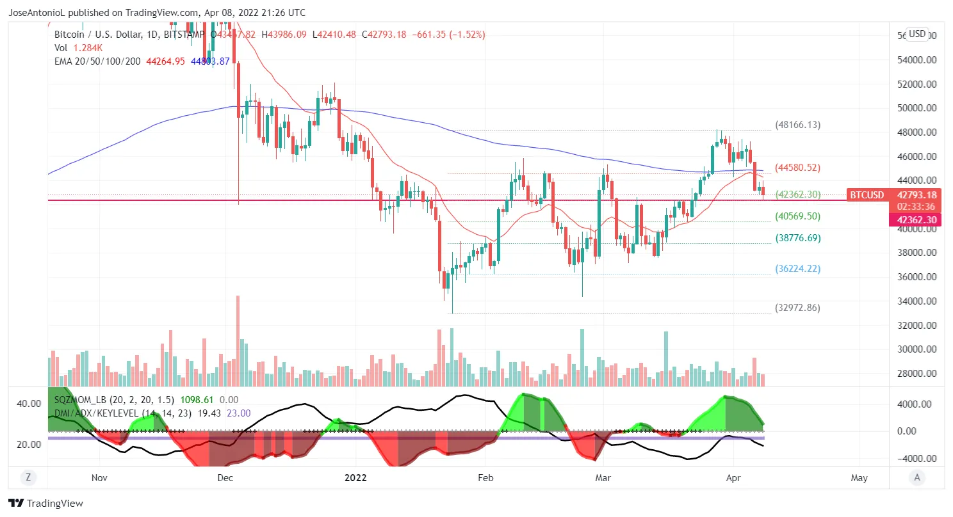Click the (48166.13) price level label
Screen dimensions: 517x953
pos(797,125)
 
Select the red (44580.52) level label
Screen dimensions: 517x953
pos(797,168)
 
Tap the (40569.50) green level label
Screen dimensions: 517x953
pos(797,216)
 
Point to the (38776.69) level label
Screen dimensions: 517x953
pos(797,238)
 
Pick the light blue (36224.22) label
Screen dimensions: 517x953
pos(797,269)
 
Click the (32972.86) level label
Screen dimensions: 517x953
pos(797,308)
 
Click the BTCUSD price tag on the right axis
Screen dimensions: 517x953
pos(866,195)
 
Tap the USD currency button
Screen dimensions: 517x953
pos(917,34)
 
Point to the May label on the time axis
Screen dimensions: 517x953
pos(859,477)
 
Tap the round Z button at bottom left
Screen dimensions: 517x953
pos(28,477)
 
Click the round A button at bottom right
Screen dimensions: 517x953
pos(918,477)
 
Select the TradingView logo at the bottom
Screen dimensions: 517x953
pos(45,504)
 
